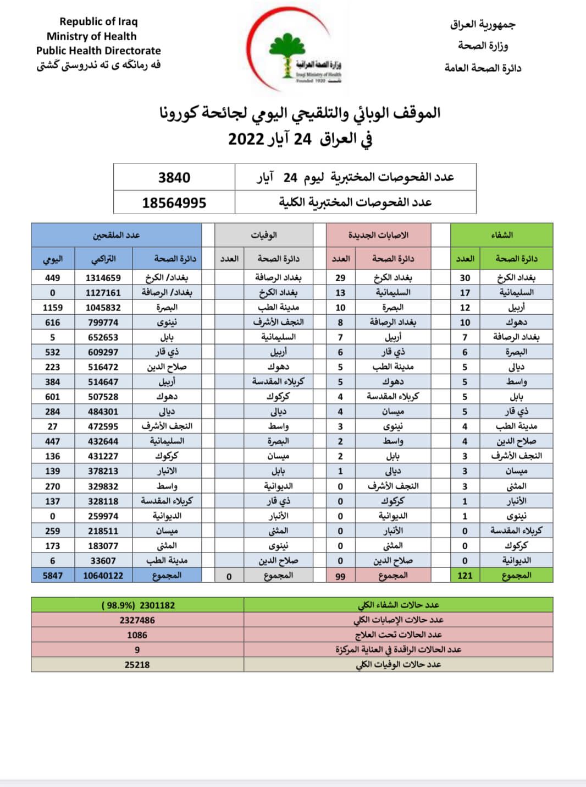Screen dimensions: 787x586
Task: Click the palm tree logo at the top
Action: click(287, 55)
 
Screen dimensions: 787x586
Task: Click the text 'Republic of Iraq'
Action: click(98, 21)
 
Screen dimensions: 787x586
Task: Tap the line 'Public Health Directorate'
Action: click(98, 51)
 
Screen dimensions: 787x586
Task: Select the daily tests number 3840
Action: click(174, 178)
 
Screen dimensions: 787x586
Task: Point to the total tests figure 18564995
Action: click(174, 203)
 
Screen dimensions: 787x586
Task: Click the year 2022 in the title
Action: click(246, 139)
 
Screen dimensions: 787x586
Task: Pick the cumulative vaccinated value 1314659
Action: click(103, 278)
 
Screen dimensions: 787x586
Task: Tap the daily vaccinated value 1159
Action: click(52, 308)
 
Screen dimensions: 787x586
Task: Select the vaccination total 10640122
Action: click(103, 576)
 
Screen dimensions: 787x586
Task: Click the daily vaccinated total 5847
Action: click(52, 576)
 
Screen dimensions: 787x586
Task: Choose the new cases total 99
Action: click(340, 576)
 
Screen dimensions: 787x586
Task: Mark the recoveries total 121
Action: click(465, 576)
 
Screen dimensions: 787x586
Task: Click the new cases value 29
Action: click(340, 278)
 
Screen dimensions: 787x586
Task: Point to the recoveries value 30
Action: click(465, 278)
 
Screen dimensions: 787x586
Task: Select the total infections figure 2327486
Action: click(137, 620)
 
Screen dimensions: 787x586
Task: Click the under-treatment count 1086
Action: click(137, 635)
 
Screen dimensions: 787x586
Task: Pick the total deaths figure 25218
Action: click(137, 665)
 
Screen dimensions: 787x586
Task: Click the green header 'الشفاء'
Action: click(501, 235)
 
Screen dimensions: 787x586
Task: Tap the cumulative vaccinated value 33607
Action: click(103, 561)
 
